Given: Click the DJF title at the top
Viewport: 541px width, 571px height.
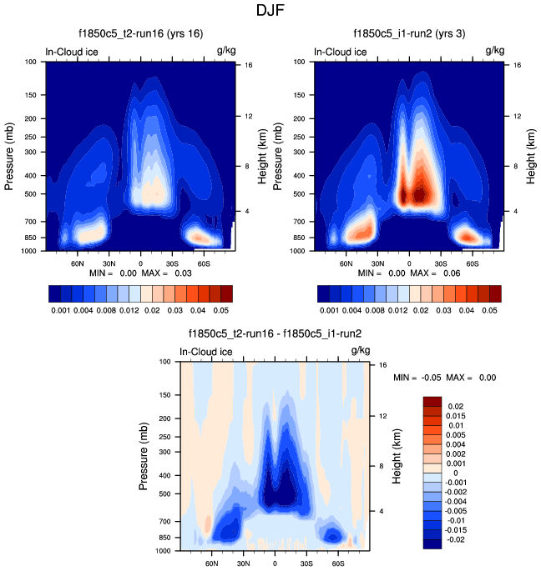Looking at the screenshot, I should (x=270, y=13).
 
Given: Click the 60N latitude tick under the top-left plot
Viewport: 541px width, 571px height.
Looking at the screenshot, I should (x=80, y=262).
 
